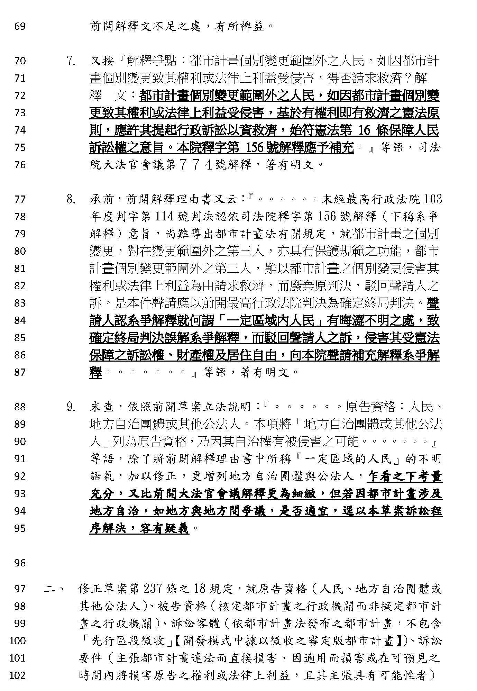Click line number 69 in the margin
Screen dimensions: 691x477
[x=20, y=26]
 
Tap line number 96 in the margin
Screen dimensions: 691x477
[x=20, y=563]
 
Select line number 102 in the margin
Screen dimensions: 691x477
[x=18, y=675]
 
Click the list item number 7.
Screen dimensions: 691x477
[x=71, y=61]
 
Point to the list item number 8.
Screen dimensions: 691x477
[x=71, y=200]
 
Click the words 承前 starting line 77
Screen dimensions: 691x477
[x=102, y=200]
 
